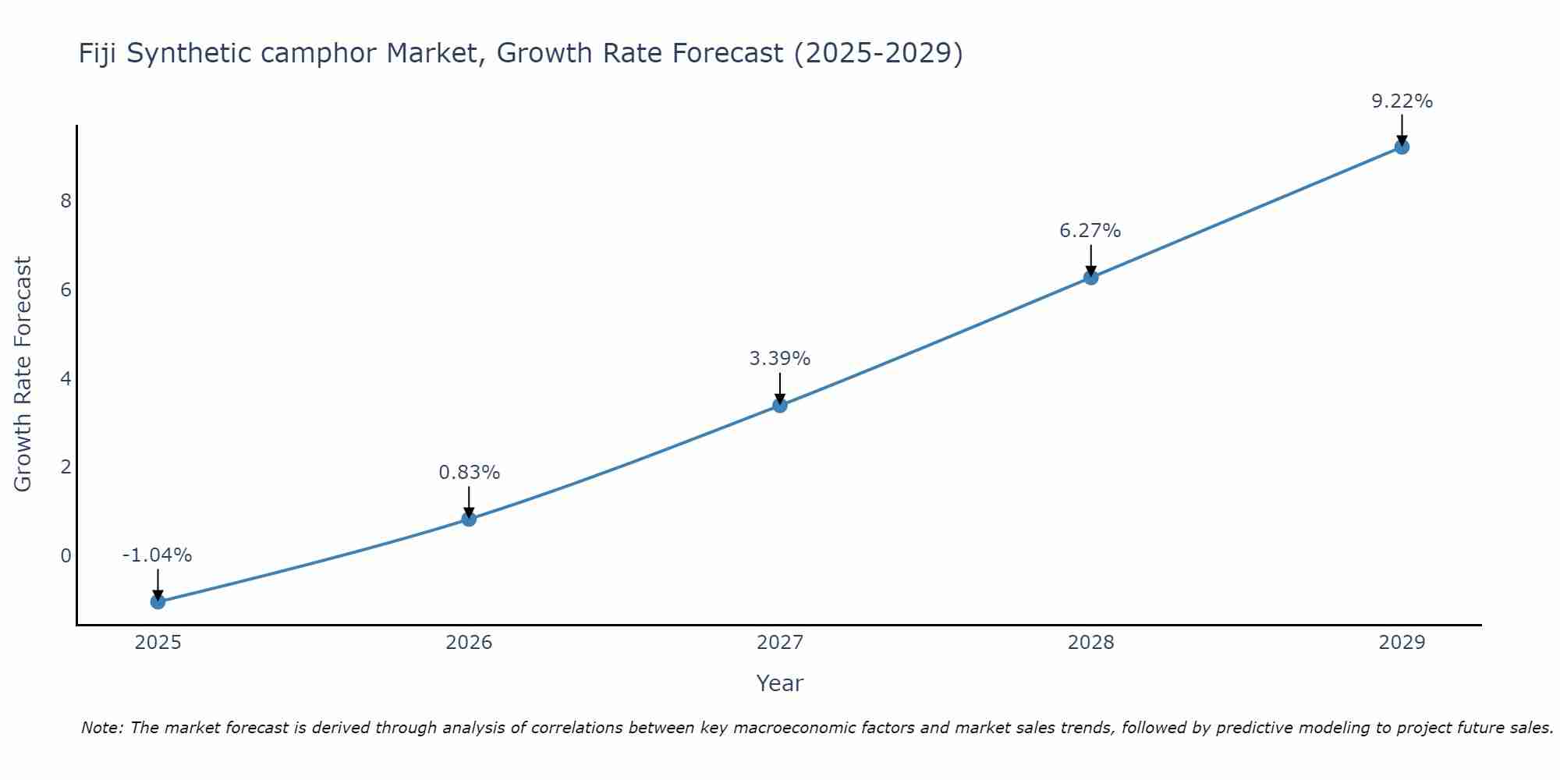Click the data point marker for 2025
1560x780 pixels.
click(x=158, y=601)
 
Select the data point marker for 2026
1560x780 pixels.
click(x=469, y=519)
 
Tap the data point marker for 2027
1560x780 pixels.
click(x=780, y=405)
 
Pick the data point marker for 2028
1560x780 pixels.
click(x=1090, y=277)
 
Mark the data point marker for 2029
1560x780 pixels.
click(x=1402, y=147)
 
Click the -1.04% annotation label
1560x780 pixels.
click(x=157, y=555)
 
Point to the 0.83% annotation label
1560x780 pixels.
click(x=469, y=473)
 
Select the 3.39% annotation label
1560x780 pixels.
click(x=780, y=359)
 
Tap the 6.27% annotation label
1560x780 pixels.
click(x=1090, y=231)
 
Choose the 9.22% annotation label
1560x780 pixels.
click(x=1402, y=101)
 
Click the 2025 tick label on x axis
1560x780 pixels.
click(x=158, y=643)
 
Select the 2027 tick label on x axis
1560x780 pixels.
click(x=780, y=643)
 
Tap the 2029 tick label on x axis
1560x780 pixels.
click(x=1402, y=643)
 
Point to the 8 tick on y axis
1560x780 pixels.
click(x=66, y=201)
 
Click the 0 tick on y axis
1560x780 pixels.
click(x=66, y=556)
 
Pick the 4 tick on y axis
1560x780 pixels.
click(x=66, y=379)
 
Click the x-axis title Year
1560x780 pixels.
click(x=779, y=683)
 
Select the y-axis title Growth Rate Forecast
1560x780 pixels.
click(x=23, y=374)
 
